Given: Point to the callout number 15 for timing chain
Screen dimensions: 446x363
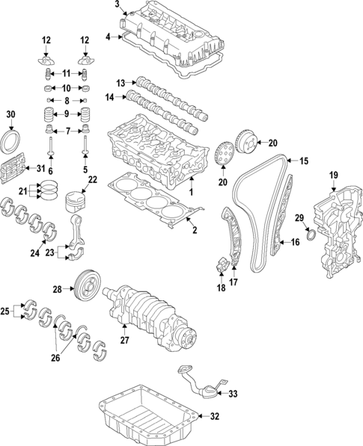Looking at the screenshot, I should pos(304,161).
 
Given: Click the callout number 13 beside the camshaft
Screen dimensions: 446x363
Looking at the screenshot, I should pos(120,81).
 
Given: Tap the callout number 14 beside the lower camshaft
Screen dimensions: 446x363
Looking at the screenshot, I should pos(110,97).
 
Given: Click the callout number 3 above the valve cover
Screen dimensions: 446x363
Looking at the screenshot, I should pos(117,4).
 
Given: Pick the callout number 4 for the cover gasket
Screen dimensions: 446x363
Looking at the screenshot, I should pos(109,36).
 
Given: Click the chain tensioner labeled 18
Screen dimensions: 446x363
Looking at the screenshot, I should pos(222,264).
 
